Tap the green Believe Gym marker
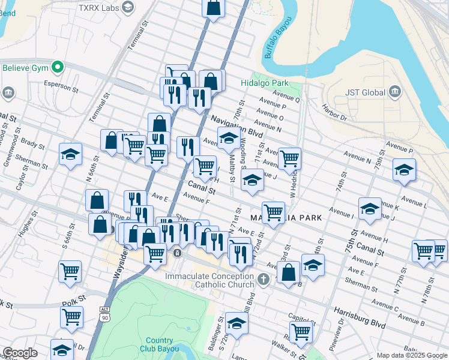tap(58, 67)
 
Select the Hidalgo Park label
tap(265, 83)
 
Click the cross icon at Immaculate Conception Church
tap(263, 280)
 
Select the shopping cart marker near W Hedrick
tap(289, 159)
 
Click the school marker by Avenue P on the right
tap(404, 170)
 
